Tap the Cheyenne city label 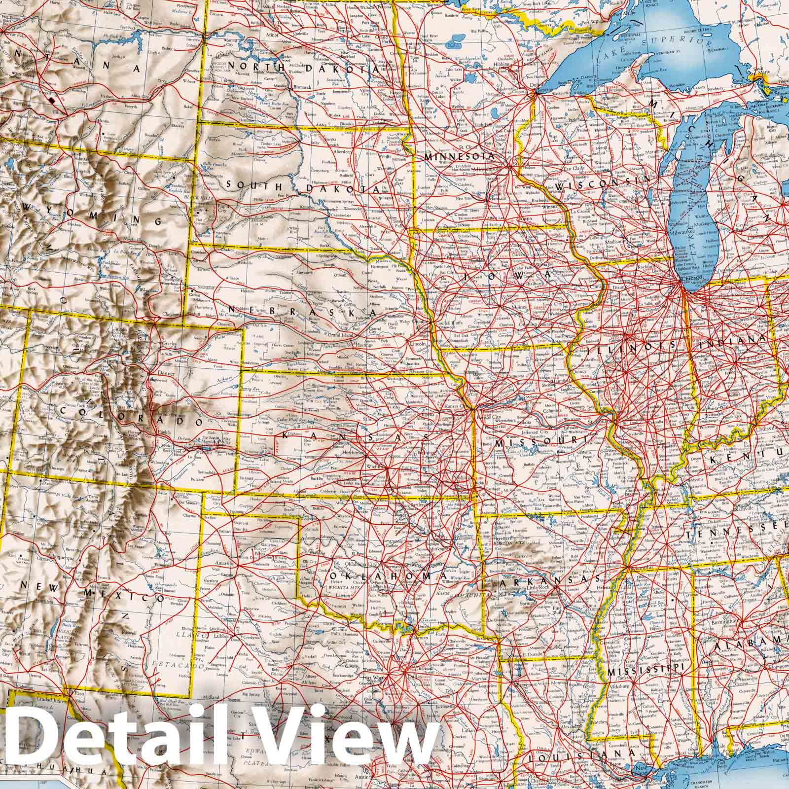pyautogui.click(x=170, y=314)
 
